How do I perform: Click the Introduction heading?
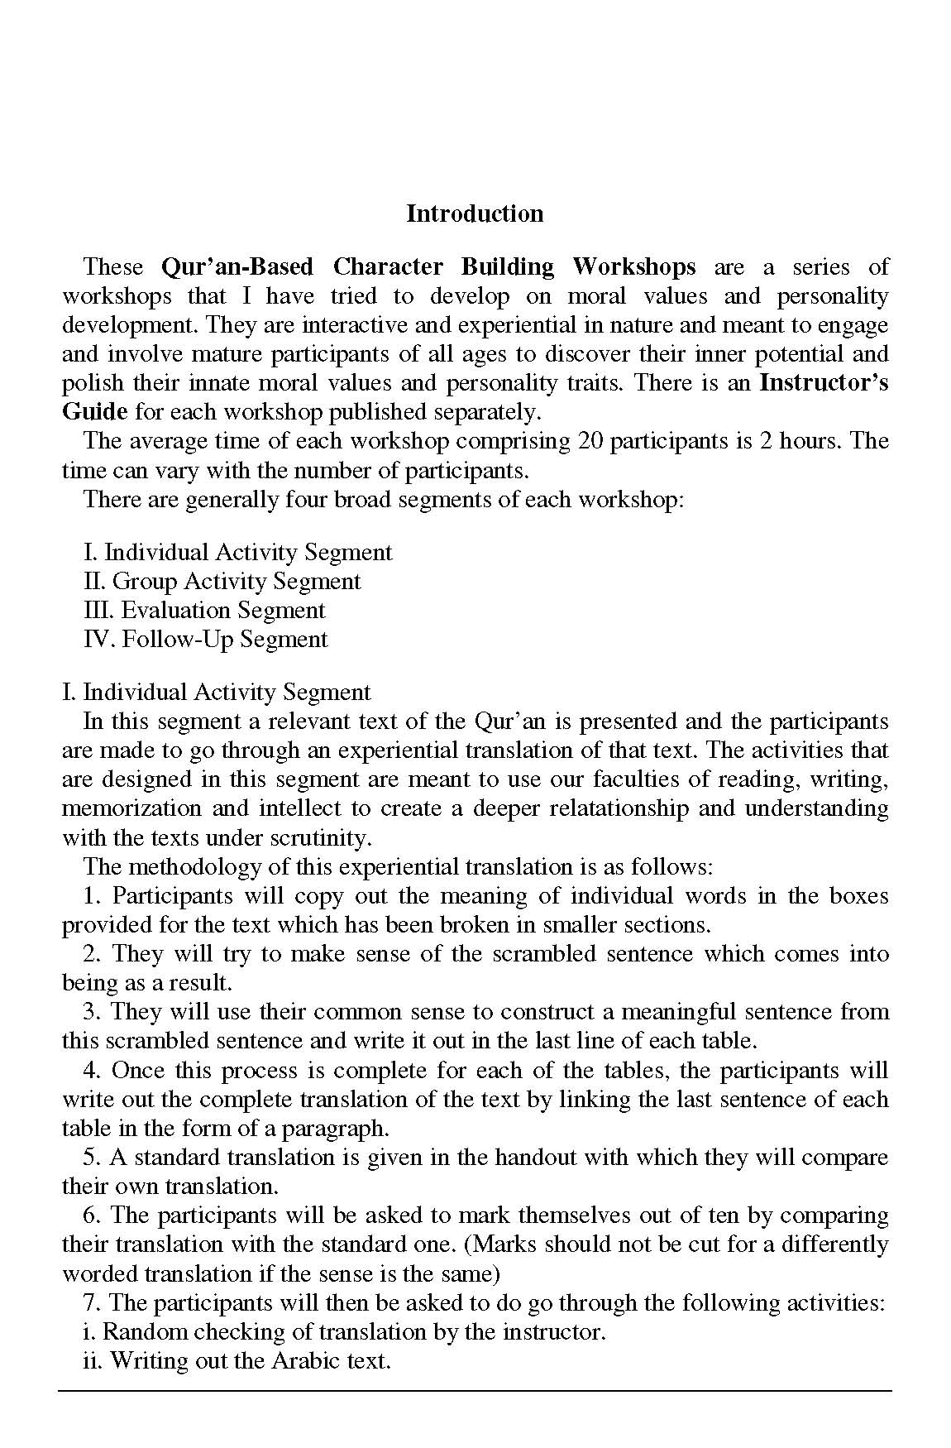pyautogui.click(x=475, y=213)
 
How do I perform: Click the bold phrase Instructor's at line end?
pyautogui.click(x=824, y=383)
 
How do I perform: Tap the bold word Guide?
pyautogui.click(x=95, y=412)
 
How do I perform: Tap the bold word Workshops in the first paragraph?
pyautogui.click(x=633, y=267)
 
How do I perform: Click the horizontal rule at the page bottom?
pyautogui.click(x=475, y=1391)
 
